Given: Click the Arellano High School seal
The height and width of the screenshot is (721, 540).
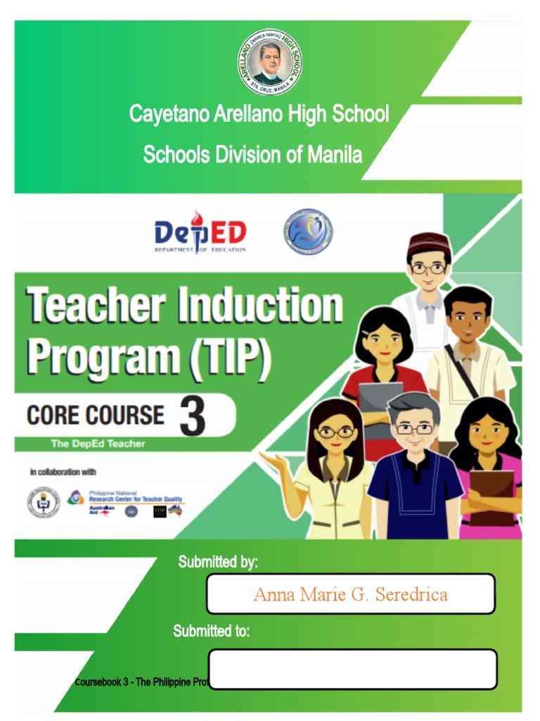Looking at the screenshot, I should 270,63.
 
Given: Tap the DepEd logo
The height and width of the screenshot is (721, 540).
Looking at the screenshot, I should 200,233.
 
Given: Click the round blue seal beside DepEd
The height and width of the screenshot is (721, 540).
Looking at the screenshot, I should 308,232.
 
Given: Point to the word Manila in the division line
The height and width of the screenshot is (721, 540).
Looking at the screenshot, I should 335,154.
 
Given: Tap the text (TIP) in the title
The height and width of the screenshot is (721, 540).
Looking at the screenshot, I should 228,358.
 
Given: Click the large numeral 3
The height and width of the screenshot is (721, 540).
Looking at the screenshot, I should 192,416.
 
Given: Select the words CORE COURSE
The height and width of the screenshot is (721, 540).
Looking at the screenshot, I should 96,415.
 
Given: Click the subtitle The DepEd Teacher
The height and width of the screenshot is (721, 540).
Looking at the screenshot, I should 98,444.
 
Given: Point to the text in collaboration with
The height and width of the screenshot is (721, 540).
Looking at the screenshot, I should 63,472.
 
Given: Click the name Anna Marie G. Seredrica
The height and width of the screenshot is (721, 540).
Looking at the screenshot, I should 350,594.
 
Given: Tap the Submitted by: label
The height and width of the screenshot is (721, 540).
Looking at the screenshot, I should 218,562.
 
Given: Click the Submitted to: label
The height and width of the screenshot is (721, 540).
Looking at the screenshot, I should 212,631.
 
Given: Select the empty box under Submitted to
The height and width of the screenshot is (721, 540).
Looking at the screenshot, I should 352,669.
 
